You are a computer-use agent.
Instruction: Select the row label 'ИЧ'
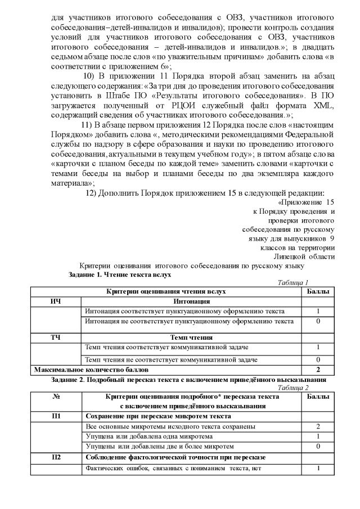click(x=55, y=301)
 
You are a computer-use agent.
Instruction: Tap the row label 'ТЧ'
click(x=55, y=337)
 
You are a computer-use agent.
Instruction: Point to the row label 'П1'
click(x=56, y=416)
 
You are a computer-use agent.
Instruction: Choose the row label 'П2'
click(x=56, y=457)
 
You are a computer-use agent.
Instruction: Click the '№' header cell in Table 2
click(x=56, y=397)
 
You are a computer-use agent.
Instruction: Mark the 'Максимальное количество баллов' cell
click(x=92, y=370)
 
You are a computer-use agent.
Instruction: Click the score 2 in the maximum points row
click(x=318, y=370)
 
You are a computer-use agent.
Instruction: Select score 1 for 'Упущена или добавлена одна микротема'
click(x=318, y=436)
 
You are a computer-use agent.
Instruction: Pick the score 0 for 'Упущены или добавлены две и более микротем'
click(x=318, y=446)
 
